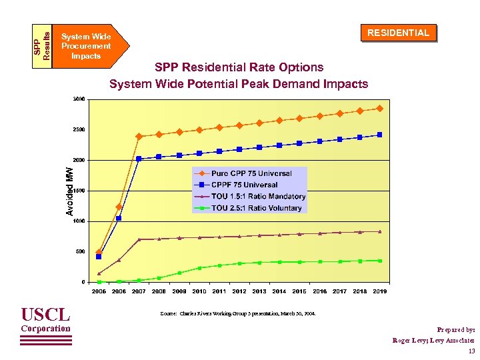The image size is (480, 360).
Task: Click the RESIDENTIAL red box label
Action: coord(399,33)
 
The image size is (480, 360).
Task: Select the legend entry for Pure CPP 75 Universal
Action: coord(251,174)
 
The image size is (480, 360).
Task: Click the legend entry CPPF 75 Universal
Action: coord(244,185)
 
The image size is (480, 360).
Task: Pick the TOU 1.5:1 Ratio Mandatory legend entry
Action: coord(258,196)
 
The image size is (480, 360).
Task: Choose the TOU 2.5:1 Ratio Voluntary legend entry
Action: coord(256,208)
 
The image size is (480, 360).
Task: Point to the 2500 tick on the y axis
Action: coord(79,129)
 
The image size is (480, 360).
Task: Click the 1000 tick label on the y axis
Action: coord(79,221)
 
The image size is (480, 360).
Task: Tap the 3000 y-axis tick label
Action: coord(79,99)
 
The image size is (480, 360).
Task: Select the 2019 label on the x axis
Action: coord(379,291)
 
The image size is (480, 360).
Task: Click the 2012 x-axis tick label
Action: coord(239,291)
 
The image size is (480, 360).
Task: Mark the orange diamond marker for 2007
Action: coord(139,137)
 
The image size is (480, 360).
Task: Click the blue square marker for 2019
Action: coord(379,135)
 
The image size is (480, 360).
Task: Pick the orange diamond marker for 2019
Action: coord(379,108)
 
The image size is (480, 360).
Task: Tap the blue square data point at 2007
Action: coord(139,159)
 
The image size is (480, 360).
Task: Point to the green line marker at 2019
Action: coord(379,261)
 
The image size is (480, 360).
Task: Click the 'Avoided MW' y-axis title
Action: coord(69,191)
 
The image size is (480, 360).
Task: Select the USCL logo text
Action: coord(45,314)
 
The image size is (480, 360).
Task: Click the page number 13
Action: coord(471,351)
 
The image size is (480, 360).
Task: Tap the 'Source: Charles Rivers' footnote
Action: coord(237,313)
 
